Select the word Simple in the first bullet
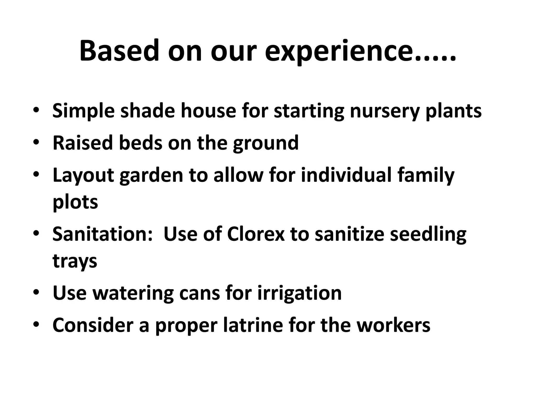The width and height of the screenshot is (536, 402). pyautogui.click(x=83, y=111)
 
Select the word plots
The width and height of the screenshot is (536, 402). pyautogui.click(x=75, y=203)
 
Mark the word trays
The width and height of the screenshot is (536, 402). pyautogui.click(x=75, y=261)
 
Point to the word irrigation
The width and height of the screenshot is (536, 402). pyautogui.click(x=300, y=293)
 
